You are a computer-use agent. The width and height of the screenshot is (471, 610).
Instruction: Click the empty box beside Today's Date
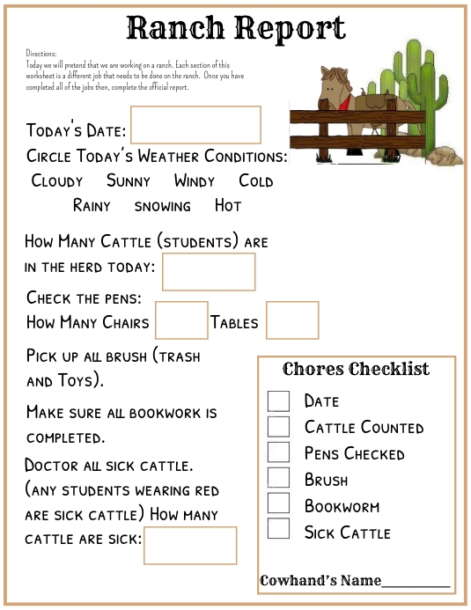(x=195, y=125)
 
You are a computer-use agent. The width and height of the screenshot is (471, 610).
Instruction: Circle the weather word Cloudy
(x=57, y=181)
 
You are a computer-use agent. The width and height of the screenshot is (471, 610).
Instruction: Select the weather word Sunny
(x=129, y=181)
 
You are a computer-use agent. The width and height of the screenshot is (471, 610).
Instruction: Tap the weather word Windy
(x=195, y=181)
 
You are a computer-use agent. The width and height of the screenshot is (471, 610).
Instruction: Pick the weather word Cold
(x=256, y=181)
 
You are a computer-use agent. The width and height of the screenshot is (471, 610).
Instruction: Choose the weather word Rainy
(x=92, y=206)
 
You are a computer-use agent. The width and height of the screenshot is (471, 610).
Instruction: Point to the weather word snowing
(x=162, y=206)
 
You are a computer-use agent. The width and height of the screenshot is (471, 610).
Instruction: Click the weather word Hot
(x=228, y=206)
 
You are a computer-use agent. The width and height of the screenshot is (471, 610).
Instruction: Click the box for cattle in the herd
(x=209, y=271)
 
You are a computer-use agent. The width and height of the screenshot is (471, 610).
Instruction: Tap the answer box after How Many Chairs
(x=181, y=320)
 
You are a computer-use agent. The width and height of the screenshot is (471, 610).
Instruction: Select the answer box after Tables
(x=292, y=320)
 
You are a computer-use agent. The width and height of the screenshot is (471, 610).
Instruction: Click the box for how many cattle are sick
(x=190, y=546)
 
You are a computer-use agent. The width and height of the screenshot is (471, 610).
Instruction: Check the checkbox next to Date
(x=278, y=401)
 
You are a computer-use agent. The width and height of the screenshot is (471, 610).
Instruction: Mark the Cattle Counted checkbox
(x=278, y=427)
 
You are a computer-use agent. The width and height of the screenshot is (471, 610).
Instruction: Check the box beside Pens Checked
(x=278, y=452)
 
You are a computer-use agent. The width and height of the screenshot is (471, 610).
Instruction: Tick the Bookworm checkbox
(x=278, y=503)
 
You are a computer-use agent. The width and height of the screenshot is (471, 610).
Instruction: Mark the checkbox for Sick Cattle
(x=278, y=529)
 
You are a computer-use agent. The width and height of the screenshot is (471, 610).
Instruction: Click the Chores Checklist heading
(x=357, y=369)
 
